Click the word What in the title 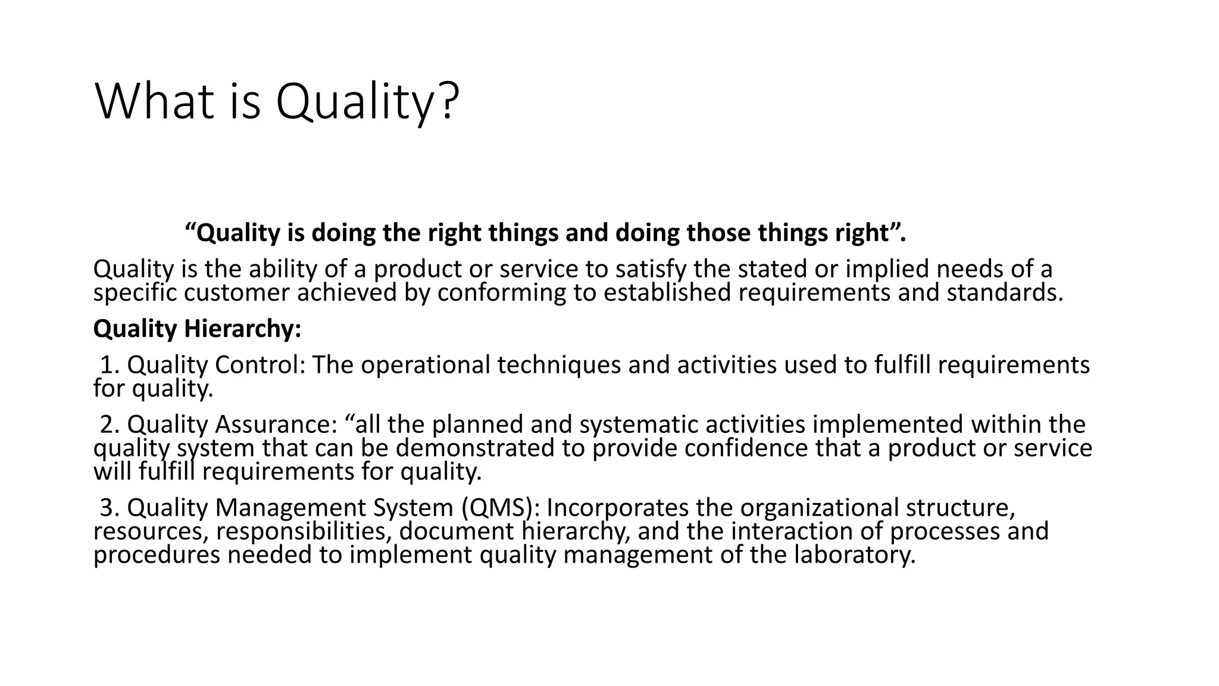(154, 101)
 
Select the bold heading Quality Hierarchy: (197, 329)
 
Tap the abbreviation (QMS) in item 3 (500, 507)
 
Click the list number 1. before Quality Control (111, 364)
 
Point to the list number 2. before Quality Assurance (111, 425)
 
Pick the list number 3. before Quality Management (111, 507)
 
